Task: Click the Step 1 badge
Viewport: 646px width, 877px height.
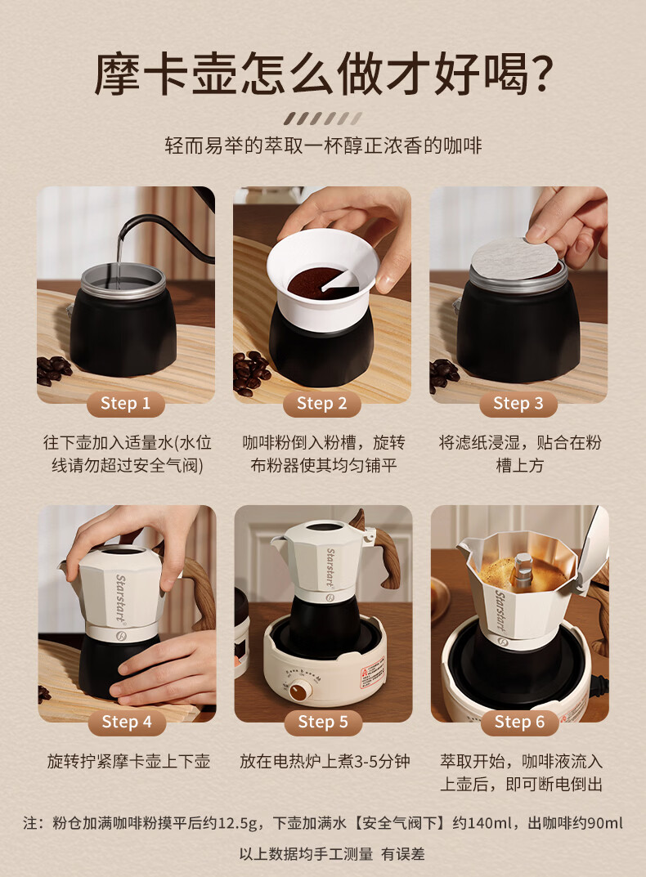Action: click(125, 403)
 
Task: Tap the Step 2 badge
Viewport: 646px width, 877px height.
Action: click(322, 403)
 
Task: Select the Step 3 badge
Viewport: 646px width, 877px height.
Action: click(518, 403)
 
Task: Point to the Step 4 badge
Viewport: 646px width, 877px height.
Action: click(127, 722)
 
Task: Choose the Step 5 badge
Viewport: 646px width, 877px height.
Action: click(323, 722)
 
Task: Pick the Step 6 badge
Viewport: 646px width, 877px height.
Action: click(519, 722)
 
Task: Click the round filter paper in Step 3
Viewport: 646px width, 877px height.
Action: click(514, 257)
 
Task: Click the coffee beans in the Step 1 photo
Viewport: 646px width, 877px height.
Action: click(53, 370)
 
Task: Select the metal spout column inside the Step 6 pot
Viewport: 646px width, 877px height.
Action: click(523, 571)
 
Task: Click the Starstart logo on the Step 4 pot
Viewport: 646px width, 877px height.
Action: click(120, 598)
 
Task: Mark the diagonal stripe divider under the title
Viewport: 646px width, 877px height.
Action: click(322, 119)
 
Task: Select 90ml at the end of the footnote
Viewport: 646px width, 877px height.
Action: click(605, 823)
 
